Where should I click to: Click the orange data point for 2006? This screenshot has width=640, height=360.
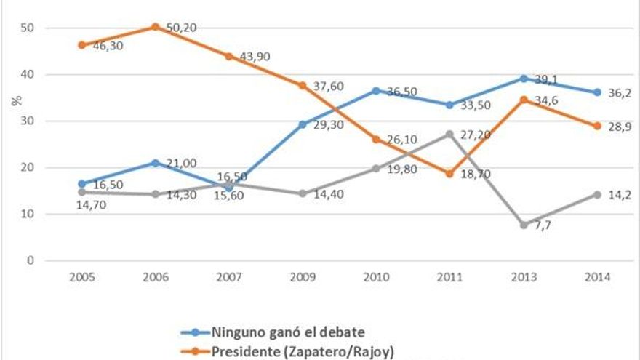(x=155, y=27)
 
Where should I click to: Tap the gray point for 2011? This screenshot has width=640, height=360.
(x=449, y=134)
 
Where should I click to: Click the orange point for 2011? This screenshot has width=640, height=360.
(x=449, y=174)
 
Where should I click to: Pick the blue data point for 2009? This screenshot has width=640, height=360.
(x=303, y=124)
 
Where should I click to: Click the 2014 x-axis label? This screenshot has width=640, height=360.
(x=596, y=277)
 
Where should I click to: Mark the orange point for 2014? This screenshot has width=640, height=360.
(x=596, y=126)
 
